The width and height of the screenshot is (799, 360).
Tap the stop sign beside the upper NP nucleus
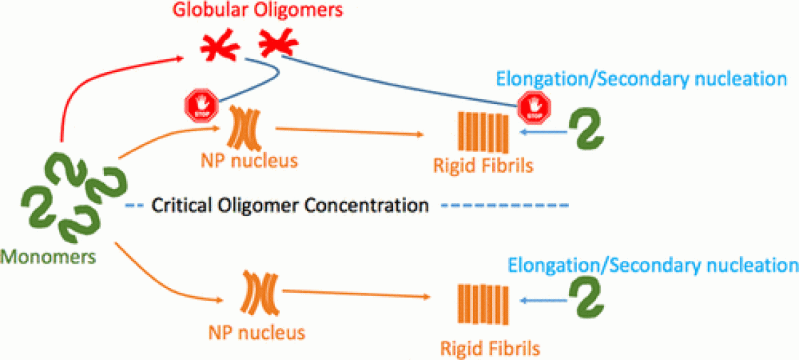point(201,106)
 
